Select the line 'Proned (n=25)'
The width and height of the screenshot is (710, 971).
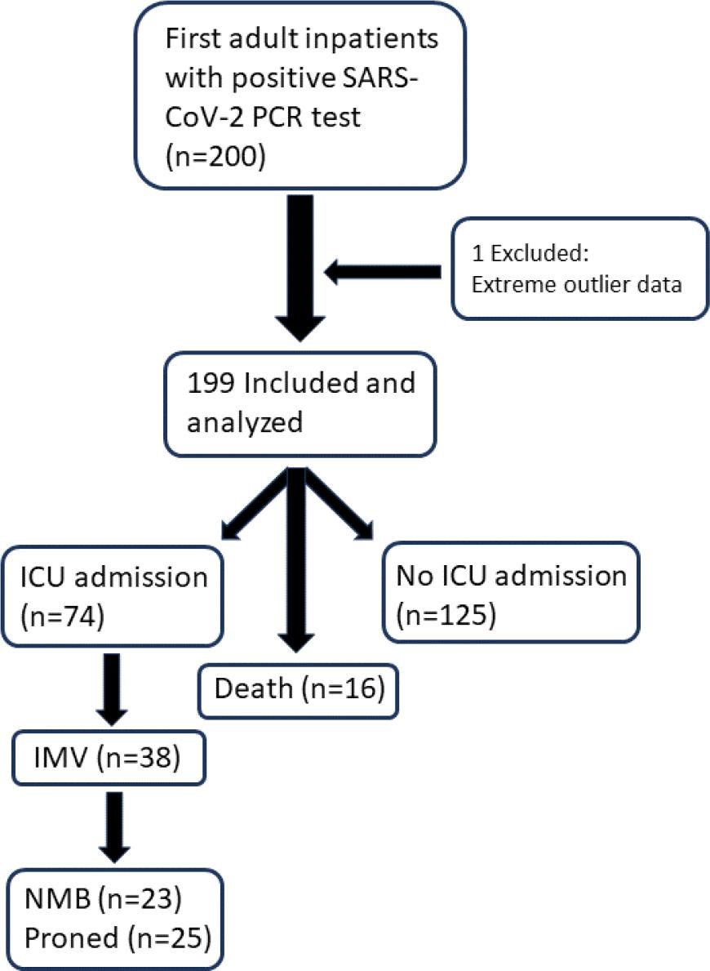coord(115,938)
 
